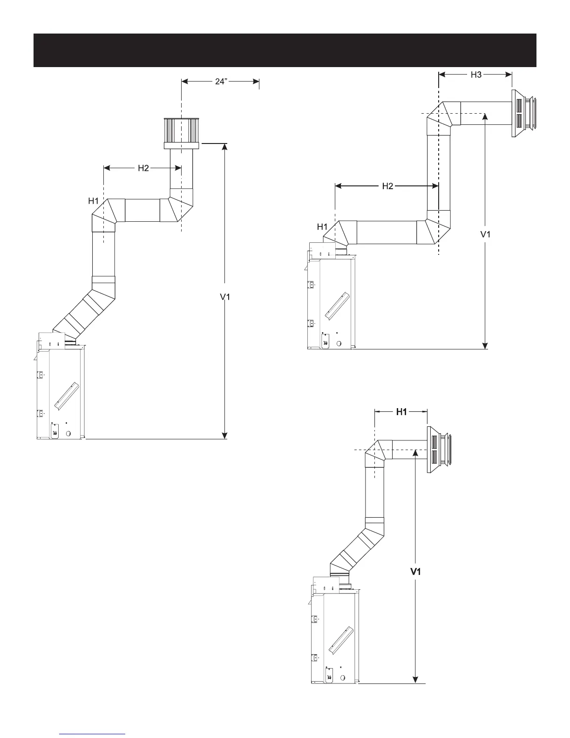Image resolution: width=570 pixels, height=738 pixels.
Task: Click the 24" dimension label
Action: click(221, 82)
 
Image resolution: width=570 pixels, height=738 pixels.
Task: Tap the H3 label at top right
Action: click(476, 75)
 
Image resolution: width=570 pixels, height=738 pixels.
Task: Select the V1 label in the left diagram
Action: click(225, 297)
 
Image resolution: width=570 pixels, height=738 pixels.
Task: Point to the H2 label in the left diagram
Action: click(143, 168)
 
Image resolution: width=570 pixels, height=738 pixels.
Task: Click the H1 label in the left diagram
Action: click(93, 201)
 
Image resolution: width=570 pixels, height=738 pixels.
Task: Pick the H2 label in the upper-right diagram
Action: click(387, 186)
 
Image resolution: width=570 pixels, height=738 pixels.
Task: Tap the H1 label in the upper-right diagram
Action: click(322, 226)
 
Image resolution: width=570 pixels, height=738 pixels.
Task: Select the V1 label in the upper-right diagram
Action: click(485, 234)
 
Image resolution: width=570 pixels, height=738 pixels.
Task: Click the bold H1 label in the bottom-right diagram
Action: click(401, 412)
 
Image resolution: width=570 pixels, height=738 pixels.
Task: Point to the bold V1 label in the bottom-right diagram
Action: click(415, 572)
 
